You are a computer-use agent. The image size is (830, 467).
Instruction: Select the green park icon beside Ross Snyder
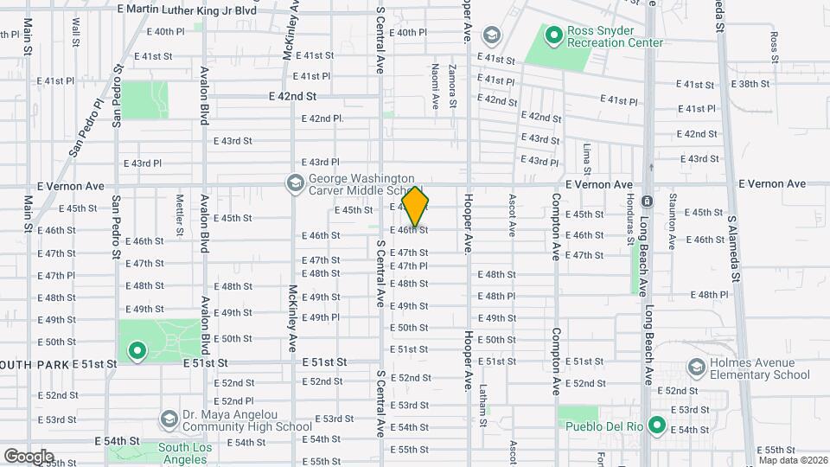click(x=553, y=35)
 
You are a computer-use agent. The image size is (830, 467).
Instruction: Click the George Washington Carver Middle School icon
click(x=295, y=183)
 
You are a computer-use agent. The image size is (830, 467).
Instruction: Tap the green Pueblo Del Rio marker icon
click(x=656, y=425)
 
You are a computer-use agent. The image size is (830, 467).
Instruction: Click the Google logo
click(x=28, y=456)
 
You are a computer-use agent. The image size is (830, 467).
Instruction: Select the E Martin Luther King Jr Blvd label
click(x=186, y=9)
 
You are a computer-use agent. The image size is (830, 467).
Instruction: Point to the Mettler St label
click(x=180, y=214)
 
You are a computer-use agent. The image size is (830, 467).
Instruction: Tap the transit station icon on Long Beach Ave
click(x=647, y=202)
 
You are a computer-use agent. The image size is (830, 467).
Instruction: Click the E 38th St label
click(x=750, y=84)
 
